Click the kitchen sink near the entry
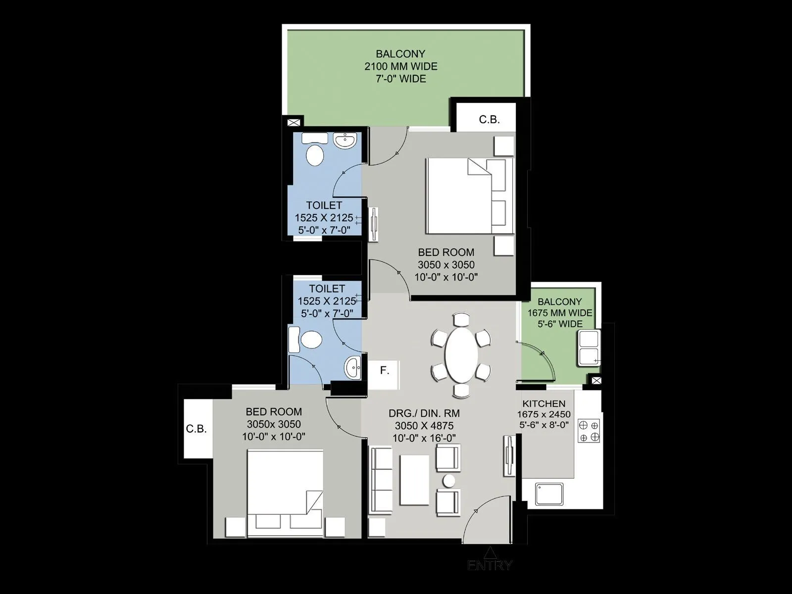point(549,494)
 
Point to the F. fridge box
point(384,370)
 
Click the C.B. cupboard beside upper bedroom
point(489,119)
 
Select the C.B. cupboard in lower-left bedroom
point(197,429)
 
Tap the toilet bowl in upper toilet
point(315,155)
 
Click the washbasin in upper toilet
point(345,141)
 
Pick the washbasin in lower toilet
point(354,367)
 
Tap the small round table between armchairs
point(449,480)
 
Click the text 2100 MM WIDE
point(401,66)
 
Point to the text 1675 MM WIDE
point(559,313)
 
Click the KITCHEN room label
point(544,404)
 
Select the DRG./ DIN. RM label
point(424,413)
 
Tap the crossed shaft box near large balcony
point(293,122)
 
